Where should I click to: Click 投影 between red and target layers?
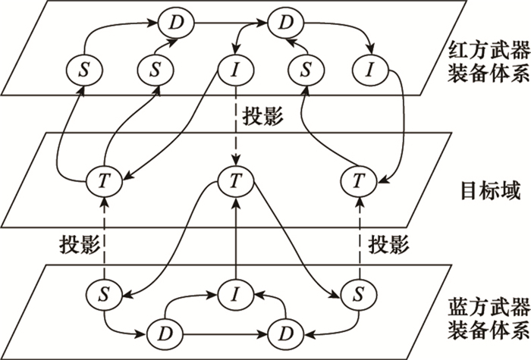tap(263, 119)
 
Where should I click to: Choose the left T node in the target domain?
tap(104, 181)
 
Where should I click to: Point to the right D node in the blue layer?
tap(286, 332)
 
